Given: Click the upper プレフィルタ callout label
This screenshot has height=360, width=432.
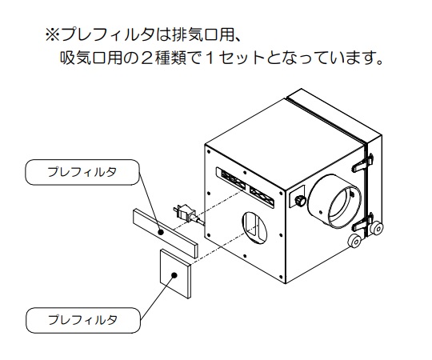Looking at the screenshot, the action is (x=82, y=172).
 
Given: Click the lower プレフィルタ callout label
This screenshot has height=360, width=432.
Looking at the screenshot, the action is (x=83, y=320).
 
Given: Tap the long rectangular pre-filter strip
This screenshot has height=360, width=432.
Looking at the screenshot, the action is (x=166, y=234).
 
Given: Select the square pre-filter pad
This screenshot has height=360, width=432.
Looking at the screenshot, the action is (x=175, y=274).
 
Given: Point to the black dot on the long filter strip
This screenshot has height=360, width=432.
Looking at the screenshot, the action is (x=161, y=233).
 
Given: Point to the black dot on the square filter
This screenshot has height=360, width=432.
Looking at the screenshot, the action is (x=174, y=275).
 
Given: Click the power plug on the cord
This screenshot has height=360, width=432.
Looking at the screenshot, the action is (x=183, y=213).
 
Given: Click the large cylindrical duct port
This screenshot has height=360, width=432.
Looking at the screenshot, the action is (x=334, y=202).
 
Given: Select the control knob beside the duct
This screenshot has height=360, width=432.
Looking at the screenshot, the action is (x=300, y=200).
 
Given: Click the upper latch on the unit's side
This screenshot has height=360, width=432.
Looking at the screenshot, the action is (x=362, y=163).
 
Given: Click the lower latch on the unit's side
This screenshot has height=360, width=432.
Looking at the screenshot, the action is (x=363, y=222).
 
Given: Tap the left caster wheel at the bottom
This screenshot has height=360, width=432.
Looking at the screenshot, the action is (x=355, y=242).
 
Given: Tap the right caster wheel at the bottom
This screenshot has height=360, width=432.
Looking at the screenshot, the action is (x=376, y=228).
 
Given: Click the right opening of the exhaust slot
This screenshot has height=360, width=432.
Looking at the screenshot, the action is (x=261, y=196).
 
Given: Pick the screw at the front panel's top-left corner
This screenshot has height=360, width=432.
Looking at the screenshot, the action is (x=209, y=152).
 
